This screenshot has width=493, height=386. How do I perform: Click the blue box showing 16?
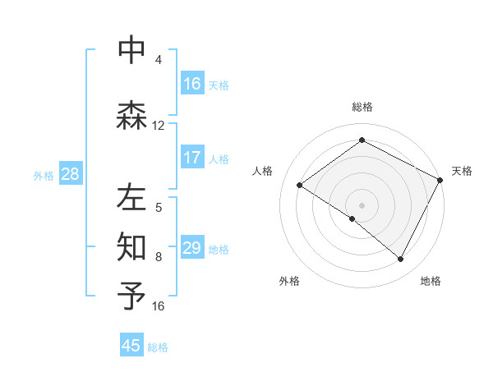[x=192, y=83]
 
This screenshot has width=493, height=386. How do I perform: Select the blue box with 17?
[x=192, y=157]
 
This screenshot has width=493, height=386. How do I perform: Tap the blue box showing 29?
[x=192, y=247]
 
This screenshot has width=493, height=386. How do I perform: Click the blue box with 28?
[x=69, y=174]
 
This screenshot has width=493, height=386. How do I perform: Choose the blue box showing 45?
[x=131, y=346]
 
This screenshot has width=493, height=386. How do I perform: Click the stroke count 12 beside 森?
[x=159, y=126]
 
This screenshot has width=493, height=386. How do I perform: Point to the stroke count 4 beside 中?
[x=159, y=60]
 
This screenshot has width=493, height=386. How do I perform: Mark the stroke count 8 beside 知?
[x=159, y=257]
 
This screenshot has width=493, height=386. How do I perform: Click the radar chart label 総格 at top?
[x=362, y=107]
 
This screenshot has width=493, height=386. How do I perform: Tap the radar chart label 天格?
[x=462, y=171]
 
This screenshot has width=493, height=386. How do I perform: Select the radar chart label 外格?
[x=289, y=281]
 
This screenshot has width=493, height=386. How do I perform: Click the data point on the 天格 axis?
[x=440, y=179]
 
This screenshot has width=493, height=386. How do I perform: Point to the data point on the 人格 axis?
[x=300, y=185]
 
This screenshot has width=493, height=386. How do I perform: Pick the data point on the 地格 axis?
[x=401, y=259]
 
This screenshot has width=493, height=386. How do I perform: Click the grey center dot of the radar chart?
[x=362, y=204]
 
